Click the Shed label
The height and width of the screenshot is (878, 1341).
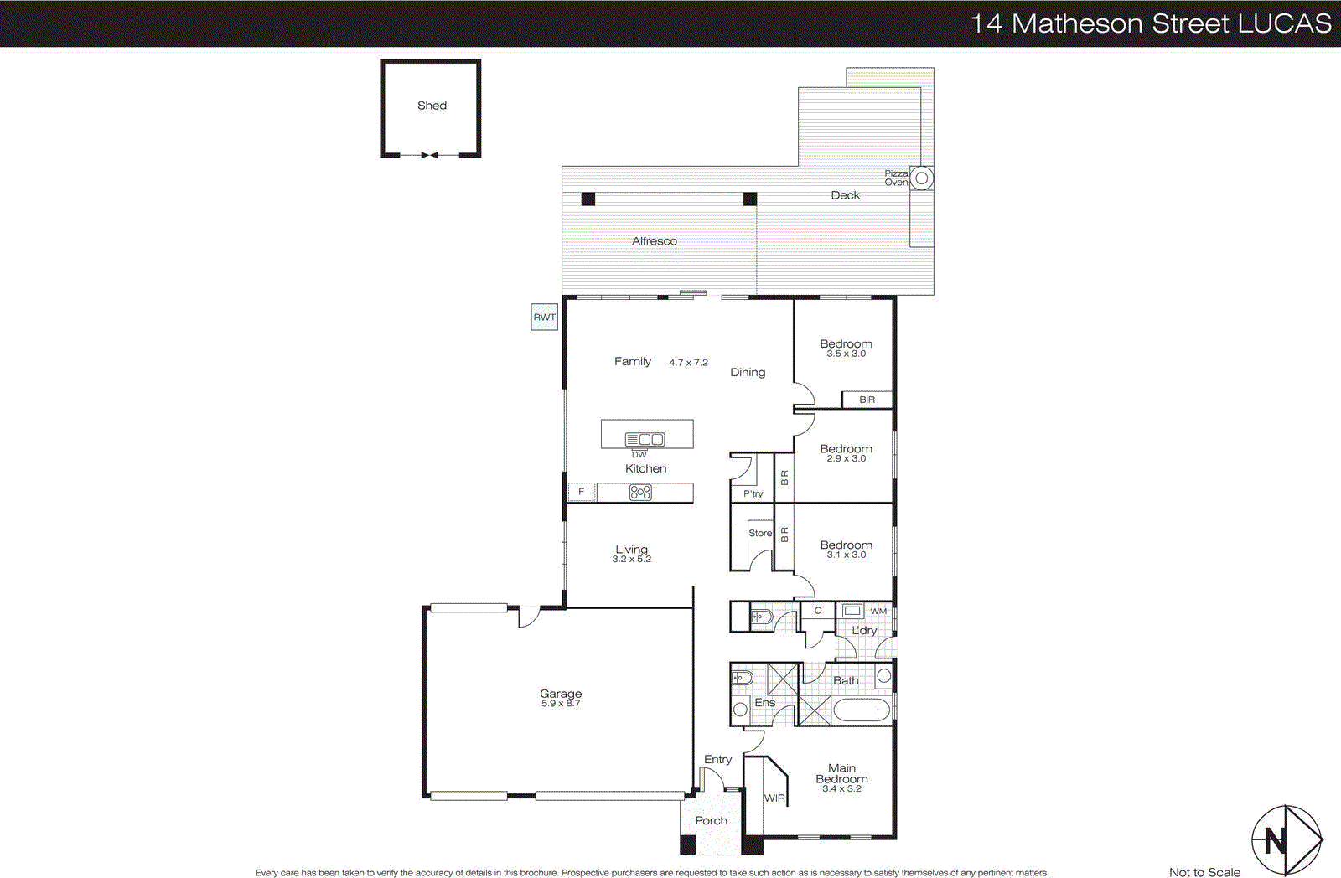click(432, 106)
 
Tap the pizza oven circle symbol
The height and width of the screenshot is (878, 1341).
click(921, 178)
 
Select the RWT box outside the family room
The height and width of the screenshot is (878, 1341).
click(544, 318)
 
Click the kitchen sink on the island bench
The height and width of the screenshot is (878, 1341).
click(645, 439)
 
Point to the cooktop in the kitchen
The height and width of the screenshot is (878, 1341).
click(640, 493)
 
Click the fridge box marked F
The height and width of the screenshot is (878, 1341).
click(582, 492)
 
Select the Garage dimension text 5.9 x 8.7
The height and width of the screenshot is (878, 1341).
click(561, 704)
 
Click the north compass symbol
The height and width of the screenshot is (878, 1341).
click(1286, 839)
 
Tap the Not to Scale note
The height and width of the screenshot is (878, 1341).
click(1204, 872)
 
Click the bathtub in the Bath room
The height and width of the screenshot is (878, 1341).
click(861, 710)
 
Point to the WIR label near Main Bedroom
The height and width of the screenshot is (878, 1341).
click(774, 798)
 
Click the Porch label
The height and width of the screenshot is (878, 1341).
click(711, 821)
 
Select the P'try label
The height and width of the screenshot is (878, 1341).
click(753, 493)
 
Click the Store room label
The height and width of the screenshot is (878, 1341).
click(760, 533)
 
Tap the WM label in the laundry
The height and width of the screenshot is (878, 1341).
click(878, 612)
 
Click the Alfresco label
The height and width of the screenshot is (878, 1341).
click(654, 241)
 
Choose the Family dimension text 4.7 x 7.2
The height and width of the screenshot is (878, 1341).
click(688, 363)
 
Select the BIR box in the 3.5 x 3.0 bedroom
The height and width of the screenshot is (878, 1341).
click(867, 400)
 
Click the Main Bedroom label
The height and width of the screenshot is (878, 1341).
click(841, 773)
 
